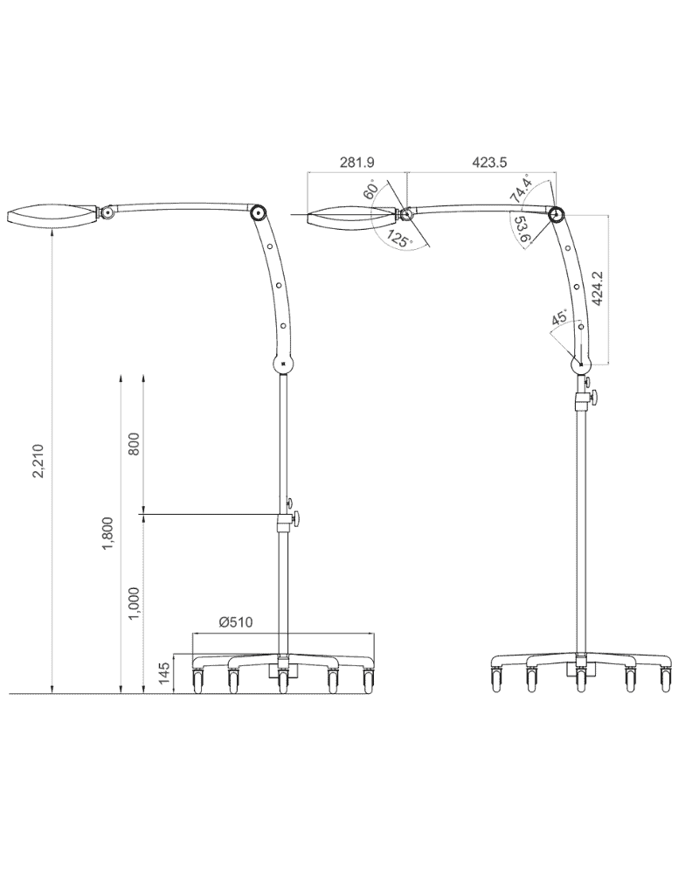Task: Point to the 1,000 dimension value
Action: pos(133,603)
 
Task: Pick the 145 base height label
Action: pos(163,674)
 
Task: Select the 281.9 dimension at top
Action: pos(356,163)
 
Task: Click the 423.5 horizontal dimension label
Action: pos(489,163)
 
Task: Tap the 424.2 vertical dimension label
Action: pos(598,286)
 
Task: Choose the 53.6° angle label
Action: pos(521,229)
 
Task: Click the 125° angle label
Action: pos(399,239)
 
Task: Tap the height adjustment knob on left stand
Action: pos(295,517)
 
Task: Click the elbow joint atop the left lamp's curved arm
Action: pos(258,213)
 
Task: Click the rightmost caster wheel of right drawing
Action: pos(666,679)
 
